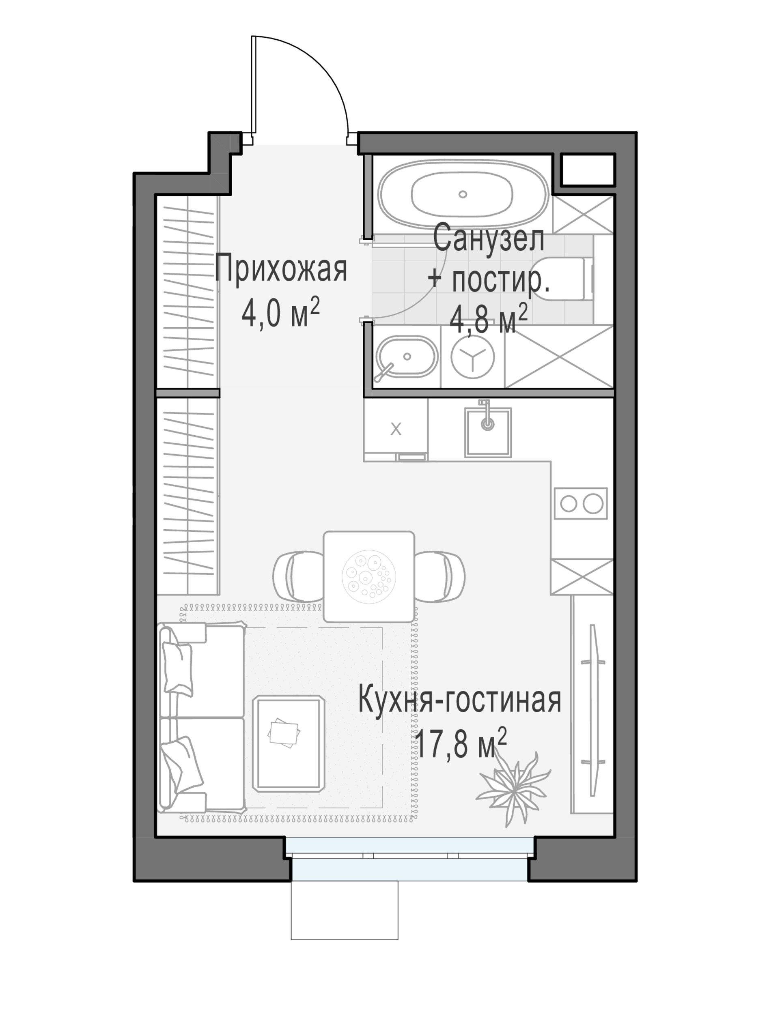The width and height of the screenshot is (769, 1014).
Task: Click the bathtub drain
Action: coord(463,194)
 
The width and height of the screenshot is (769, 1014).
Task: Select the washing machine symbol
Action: coord(472,357)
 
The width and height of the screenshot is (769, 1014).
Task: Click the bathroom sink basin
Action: coord(406,356)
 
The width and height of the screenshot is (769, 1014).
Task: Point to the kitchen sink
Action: coord(488,432)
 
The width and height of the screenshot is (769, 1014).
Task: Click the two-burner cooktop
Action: coord(581,503)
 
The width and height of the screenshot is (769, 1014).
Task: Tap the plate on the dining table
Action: coord(369,576)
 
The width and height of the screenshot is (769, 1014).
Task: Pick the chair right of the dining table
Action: coord(439,576)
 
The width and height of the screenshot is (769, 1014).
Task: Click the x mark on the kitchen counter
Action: coord(396,430)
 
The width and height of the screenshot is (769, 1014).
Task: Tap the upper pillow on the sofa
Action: coord(178,668)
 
